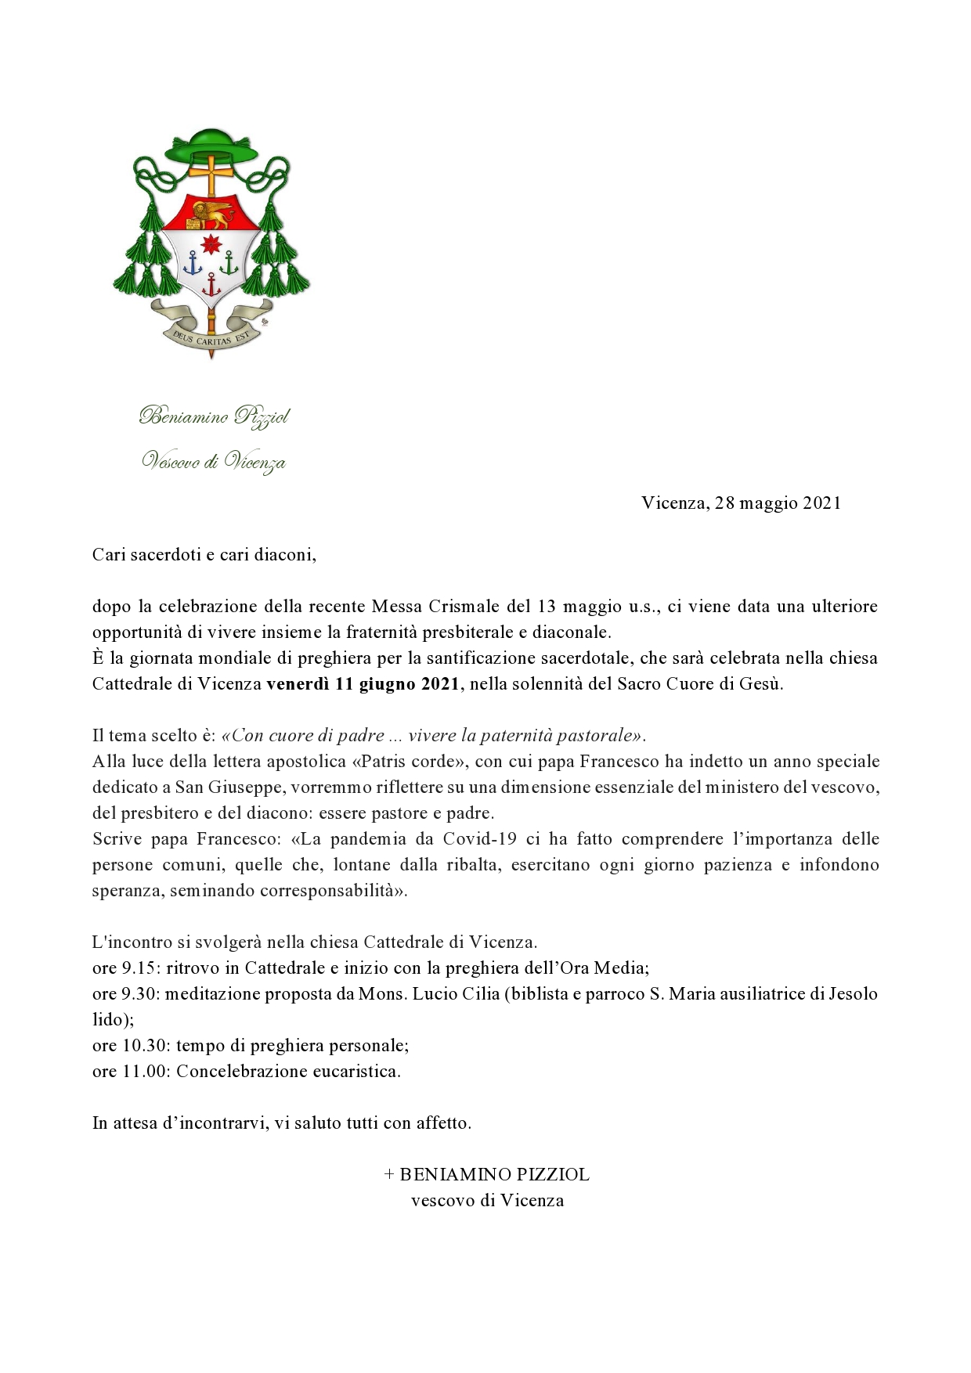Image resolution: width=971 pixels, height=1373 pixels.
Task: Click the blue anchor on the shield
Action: (x=193, y=265)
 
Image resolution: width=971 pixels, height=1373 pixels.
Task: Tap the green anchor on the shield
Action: (x=229, y=264)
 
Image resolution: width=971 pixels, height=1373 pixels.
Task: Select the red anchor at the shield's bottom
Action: (x=211, y=287)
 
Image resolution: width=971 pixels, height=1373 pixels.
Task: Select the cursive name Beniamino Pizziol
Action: (x=214, y=416)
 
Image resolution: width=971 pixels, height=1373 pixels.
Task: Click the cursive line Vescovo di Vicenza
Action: (x=213, y=462)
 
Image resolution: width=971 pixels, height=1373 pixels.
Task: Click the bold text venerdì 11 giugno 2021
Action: (x=363, y=684)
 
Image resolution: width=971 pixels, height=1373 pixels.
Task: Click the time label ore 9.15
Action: (x=126, y=968)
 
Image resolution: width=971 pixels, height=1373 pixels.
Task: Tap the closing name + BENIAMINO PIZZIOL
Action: (x=486, y=1175)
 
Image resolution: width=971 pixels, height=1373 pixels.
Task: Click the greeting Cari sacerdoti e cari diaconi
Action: (x=204, y=555)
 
